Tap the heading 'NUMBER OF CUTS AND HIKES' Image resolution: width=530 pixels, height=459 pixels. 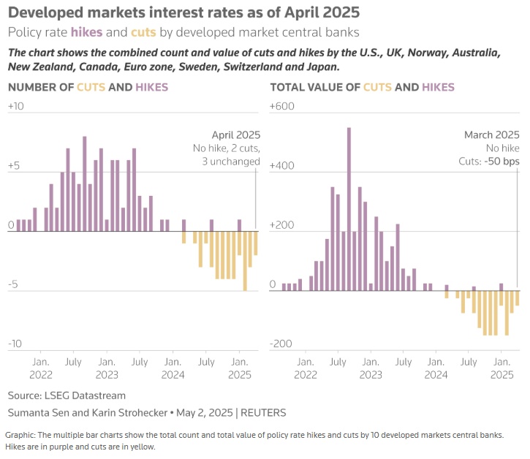pyautogui.click(x=88, y=88)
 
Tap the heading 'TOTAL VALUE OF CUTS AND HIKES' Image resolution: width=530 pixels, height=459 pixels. pyautogui.click(x=362, y=88)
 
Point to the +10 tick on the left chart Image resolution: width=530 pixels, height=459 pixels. pyautogui.click(x=16, y=107)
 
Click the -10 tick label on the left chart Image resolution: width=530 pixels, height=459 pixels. pyautogui.click(x=15, y=344)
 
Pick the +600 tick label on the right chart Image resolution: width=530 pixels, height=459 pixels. pyautogui.click(x=281, y=107)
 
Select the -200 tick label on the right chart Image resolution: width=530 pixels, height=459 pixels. pyautogui.click(x=281, y=344)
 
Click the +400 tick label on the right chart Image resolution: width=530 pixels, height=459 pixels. pyautogui.click(x=281, y=166)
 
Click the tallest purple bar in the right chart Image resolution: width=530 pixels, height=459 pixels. pyautogui.click(x=349, y=208)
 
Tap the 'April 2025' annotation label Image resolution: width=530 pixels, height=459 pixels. pyautogui.click(x=235, y=135)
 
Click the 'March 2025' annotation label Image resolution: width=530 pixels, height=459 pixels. pyautogui.click(x=492, y=135)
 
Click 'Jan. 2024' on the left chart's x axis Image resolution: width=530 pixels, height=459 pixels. pyautogui.click(x=173, y=368)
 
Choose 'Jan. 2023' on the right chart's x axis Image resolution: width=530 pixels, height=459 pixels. pyautogui.click(x=370, y=368)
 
